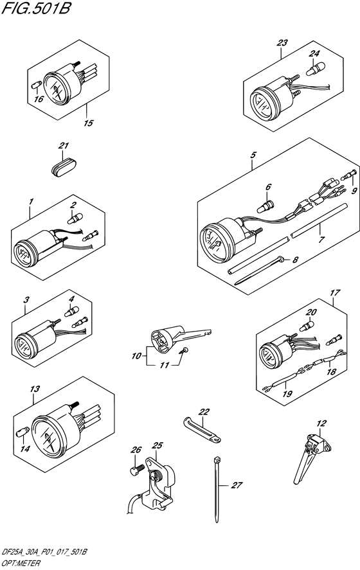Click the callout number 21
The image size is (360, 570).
coord(64,146)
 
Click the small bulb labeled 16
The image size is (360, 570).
coord(35,85)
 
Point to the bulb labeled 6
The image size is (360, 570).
coord(265,207)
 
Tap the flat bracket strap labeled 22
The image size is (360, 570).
coord(201,430)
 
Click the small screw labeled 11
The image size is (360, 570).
coord(184,350)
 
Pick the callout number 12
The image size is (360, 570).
coord(321,423)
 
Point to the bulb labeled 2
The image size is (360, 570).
coord(75,218)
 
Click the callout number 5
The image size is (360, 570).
coord(253,156)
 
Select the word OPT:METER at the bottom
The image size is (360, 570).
coord(21,564)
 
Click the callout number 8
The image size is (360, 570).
coord(295,260)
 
